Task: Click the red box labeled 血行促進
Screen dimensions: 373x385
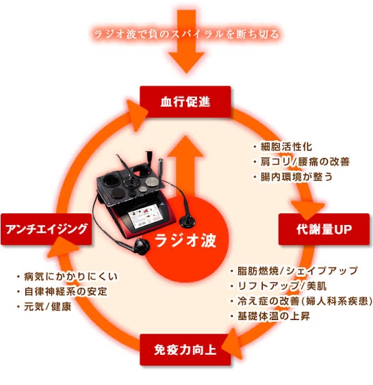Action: pos(185,102)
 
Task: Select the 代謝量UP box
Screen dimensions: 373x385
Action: pos(324,229)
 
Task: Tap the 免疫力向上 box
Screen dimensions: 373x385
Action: pos(185,349)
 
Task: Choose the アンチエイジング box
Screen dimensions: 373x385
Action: pos(46,229)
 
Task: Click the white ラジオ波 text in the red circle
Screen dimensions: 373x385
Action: pos(185,240)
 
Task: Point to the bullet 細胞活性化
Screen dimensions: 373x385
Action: pos(283,147)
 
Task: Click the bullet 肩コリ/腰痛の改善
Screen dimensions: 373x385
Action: pos(301,162)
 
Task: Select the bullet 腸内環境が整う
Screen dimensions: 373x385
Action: pos(293,177)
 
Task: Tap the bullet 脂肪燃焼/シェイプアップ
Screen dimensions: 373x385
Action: pos(294,271)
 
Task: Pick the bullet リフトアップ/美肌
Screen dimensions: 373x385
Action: pos(279,286)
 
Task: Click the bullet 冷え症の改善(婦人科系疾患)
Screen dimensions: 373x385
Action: pos(301,301)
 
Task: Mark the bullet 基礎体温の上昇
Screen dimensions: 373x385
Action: pos(270,316)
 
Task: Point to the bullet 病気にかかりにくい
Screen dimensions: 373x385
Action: pos(67,276)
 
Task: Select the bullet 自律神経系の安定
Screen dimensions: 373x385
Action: pos(62,291)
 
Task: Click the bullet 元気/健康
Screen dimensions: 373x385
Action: pos(44,306)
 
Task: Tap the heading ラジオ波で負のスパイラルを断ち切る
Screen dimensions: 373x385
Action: pos(186,34)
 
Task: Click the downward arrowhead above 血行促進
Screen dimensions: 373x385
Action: pos(186,63)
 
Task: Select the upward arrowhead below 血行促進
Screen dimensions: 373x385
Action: pos(185,146)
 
